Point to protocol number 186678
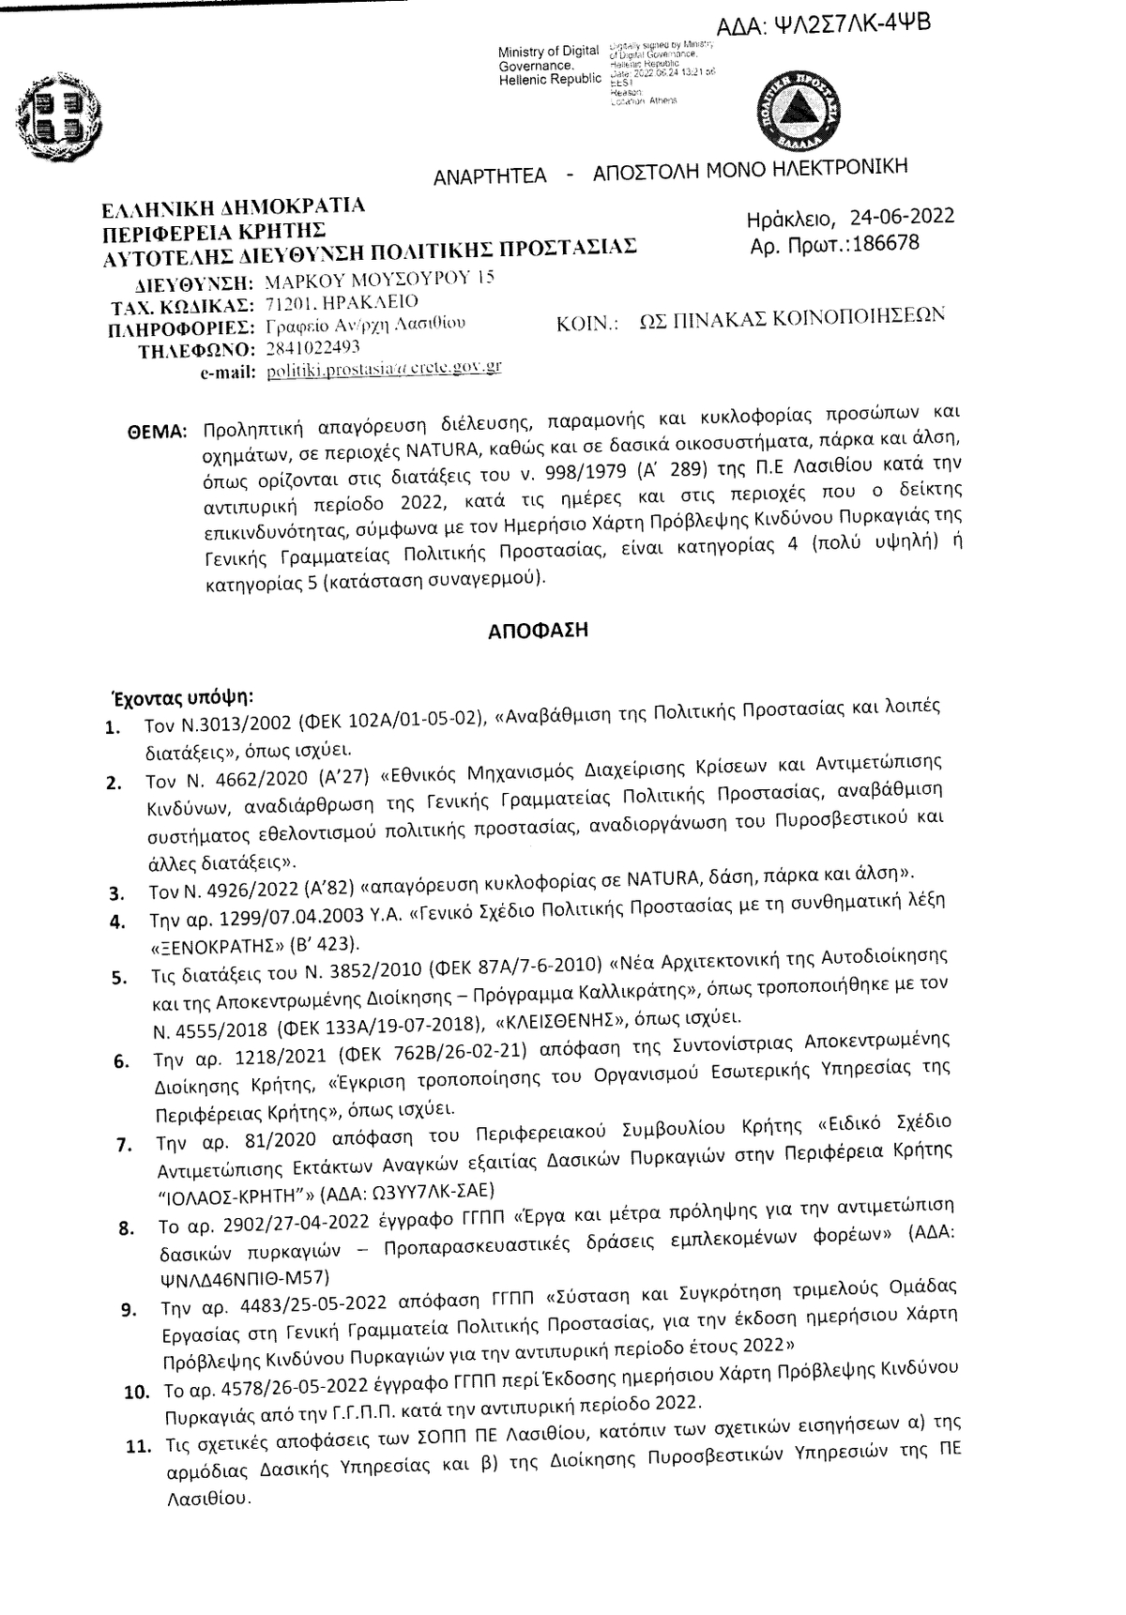[882, 244]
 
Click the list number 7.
[122, 1146]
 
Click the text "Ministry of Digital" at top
[549, 52]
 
